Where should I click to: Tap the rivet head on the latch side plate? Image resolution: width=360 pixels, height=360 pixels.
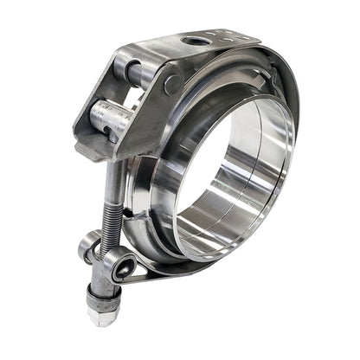171,83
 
